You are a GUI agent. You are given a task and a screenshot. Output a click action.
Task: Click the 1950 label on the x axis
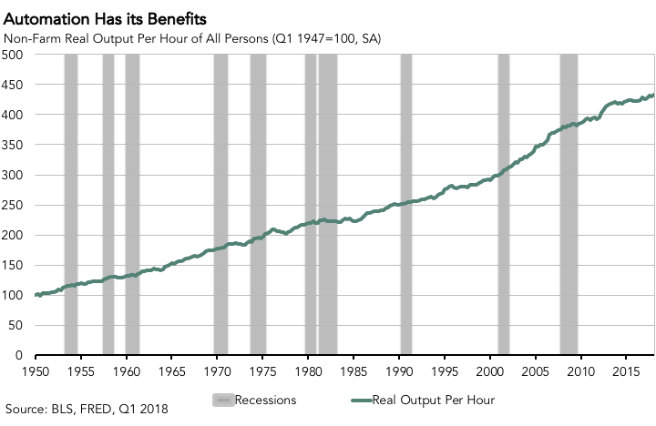(35, 372)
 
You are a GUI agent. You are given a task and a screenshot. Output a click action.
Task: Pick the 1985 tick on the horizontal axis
(354, 372)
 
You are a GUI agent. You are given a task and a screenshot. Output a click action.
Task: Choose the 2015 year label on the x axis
(626, 372)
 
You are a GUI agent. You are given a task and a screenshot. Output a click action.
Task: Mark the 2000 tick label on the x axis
(490, 372)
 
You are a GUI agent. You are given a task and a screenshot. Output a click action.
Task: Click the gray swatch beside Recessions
(223, 399)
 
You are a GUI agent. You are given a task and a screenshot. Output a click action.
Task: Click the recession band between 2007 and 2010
(569, 205)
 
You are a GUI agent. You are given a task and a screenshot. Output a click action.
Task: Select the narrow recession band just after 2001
(503, 205)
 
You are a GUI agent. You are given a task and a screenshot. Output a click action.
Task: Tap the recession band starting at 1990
(405, 205)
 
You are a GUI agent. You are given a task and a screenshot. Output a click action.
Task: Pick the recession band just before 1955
(70, 205)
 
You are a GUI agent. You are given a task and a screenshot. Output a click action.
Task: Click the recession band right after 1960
(132, 205)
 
